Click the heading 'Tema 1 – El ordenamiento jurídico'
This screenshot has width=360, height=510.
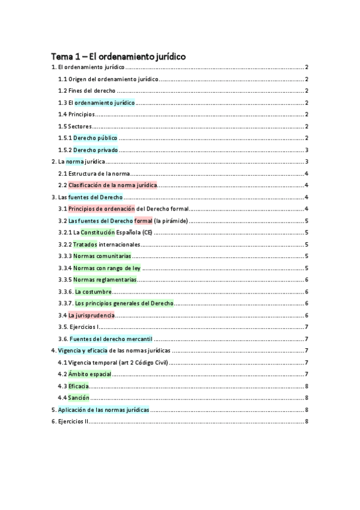tap(118, 56)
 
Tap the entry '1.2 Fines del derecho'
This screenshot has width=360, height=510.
tap(87, 91)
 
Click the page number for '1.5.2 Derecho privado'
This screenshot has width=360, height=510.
tap(307, 150)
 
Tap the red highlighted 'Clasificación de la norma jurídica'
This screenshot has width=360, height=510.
tap(113, 185)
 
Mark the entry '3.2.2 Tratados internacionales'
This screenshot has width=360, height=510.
tap(99, 244)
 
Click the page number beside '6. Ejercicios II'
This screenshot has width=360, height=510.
tap(307, 421)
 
